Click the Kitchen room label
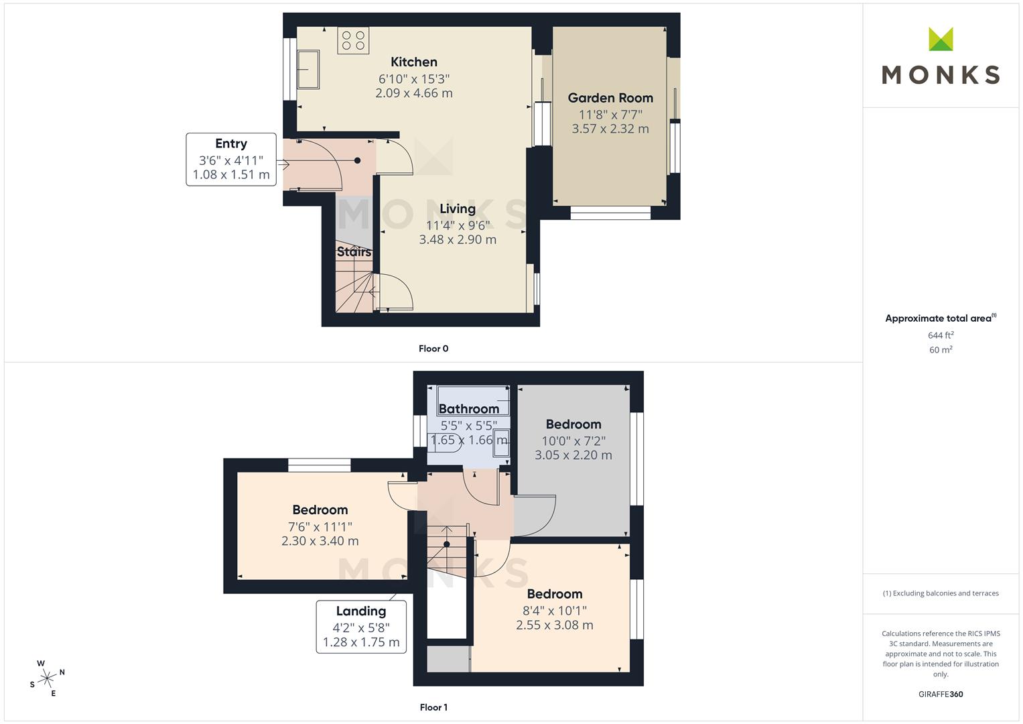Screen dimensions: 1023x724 tap(414, 62)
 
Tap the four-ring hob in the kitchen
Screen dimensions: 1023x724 tap(353, 40)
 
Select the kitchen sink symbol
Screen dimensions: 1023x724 tap(308, 69)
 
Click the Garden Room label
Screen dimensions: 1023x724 tap(610, 98)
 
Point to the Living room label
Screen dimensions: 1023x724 tap(458, 209)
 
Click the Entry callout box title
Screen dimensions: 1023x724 tap(231, 143)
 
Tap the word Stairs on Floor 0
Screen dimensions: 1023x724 tap(354, 252)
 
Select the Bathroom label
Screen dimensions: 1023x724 tap(468, 409)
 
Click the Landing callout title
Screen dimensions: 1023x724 tap(361, 611)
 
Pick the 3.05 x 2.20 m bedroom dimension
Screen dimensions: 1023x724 tap(573, 455)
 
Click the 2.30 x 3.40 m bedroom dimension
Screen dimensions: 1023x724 tap(320, 541)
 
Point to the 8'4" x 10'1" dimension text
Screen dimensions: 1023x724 tap(555, 611)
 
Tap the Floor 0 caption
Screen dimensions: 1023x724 tap(433, 349)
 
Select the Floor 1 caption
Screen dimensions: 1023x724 tap(433, 707)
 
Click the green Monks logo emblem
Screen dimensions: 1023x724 tap(941, 39)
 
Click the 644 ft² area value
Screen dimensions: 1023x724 tap(941, 335)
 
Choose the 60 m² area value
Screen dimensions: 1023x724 tap(941, 350)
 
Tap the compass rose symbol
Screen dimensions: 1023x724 tap(47, 678)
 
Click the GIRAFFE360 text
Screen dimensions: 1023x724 tap(941, 694)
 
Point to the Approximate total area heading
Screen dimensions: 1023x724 tap(941, 318)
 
